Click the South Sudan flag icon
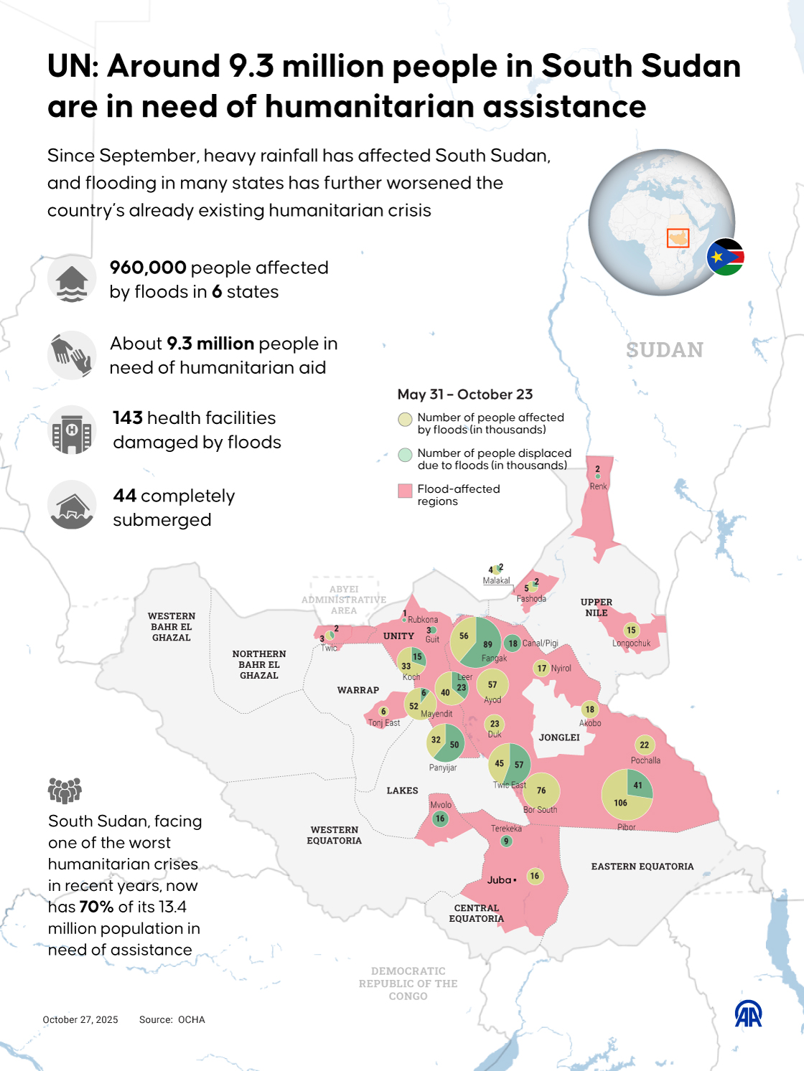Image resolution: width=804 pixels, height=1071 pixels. coord(725,257)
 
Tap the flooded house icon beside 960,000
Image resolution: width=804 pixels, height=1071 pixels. coord(72,279)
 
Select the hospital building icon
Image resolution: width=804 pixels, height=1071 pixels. coord(72,430)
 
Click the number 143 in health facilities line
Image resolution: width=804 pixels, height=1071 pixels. coord(128,418)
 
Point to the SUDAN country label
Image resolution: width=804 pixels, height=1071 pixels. coord(664,350)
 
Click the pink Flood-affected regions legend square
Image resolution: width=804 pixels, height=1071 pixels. coord(405,491)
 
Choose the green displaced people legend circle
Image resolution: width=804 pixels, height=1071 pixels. coord(405,455)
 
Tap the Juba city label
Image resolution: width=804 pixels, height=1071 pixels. coord(500,880)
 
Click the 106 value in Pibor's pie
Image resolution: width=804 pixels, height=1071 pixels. coord(620,803)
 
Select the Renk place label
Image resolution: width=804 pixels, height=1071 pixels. coord(598,486)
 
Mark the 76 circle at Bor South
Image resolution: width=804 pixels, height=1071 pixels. coord(541,791)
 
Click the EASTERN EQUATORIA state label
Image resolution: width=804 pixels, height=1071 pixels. coord(642,867)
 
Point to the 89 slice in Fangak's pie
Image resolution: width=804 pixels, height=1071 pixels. coord(488,644)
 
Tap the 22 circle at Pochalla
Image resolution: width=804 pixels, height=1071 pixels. coord(644,745)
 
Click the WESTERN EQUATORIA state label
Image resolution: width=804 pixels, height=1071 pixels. coord(335,835)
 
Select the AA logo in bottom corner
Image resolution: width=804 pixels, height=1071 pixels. coord(748,1014)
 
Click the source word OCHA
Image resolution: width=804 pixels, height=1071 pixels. coord(192,1019)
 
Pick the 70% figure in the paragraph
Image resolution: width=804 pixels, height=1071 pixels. coord(96,907)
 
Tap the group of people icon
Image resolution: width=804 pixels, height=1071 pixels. coord(65,790)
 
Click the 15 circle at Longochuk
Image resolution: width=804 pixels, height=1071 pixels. coord(631,631)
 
